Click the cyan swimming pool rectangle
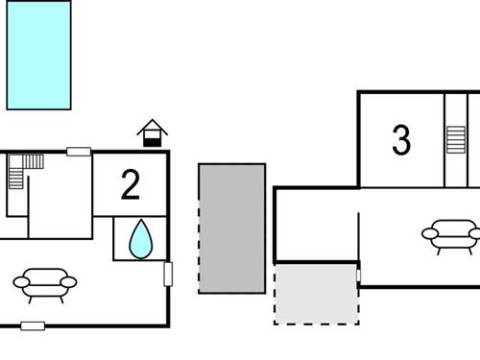39,55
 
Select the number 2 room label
131,184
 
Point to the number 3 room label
401,140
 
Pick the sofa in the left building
45,282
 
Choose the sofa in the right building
450,233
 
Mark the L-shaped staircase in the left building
23,173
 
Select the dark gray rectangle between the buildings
231,228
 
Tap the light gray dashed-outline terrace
316,293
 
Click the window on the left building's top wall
79,151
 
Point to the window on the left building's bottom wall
33,326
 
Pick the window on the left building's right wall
169,274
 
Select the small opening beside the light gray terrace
359,276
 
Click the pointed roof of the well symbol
152,126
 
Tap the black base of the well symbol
152,141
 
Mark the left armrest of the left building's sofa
20,281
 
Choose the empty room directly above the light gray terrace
316,225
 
